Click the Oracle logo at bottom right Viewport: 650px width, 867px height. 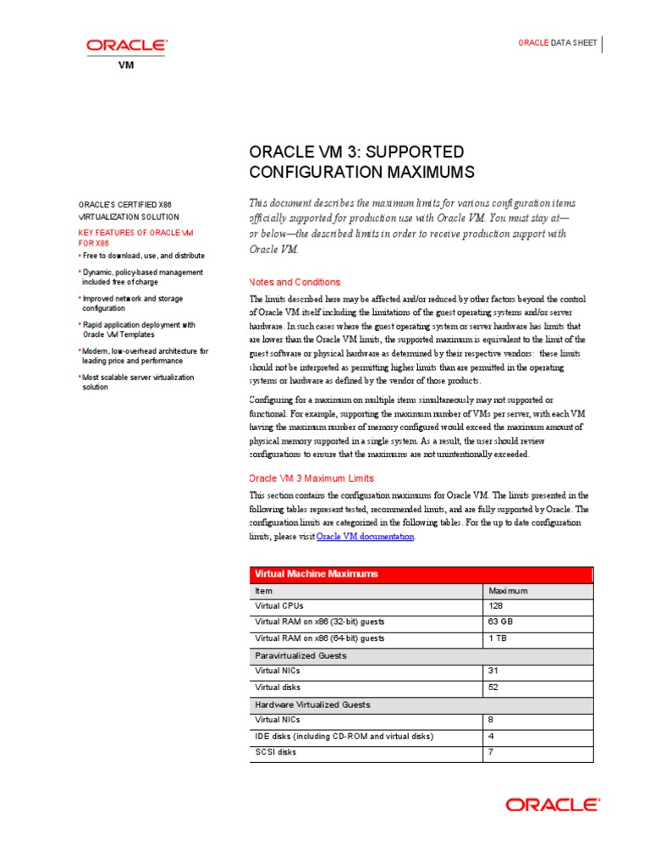pyautogui.click(x=553, y=803)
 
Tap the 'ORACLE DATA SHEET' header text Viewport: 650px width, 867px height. pyautogui.click(x=557, y=43)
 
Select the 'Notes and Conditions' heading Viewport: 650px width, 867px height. pyautogui.click(x=295, y=282)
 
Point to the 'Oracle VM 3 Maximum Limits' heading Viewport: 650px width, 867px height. pyautogui.click(x=311, y=478)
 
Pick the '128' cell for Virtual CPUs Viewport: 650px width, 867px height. pyautogui.click(x=496, y=606)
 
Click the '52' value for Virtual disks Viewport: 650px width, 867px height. pyautogui.click(x=494, y=688)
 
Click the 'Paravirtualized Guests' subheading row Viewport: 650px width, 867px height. pyautogui.click(x=300, y=655)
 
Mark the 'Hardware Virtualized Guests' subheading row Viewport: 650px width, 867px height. pyautogui.click(x=312, y=704)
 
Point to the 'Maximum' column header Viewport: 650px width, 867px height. pyautogui.click(x=508, y=590)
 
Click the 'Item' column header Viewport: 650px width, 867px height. pyautogui.click(x=263, y=590)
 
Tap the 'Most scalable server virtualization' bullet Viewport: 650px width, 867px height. pyautogui.click(x=138, y=382)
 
